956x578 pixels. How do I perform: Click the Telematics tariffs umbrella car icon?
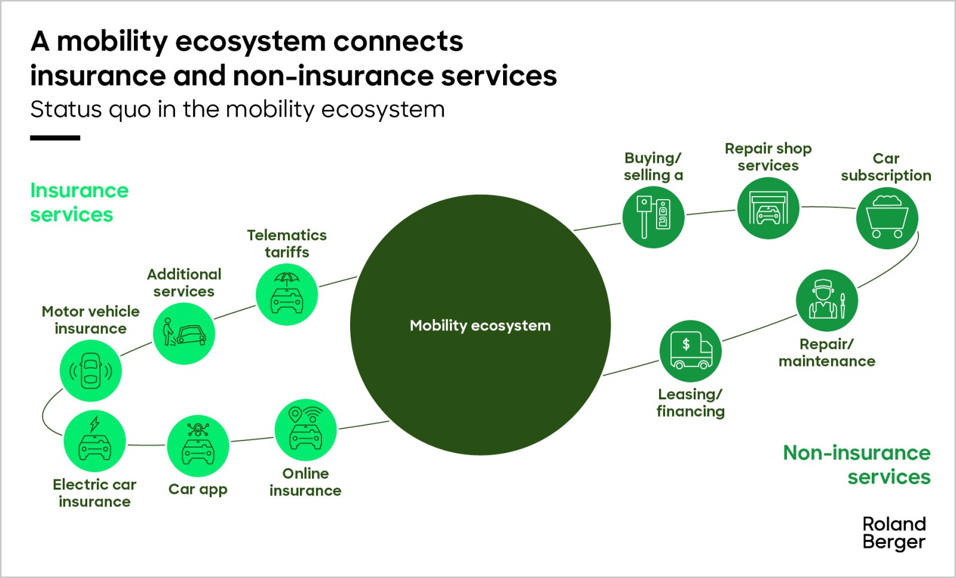(x=287, y=295)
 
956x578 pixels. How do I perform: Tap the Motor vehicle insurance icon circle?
(x=91, y=371)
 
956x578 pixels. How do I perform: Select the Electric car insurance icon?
(x=94, y=441)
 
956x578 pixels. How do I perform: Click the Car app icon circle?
(x=198, y=446)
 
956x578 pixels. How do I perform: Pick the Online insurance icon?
(x=305, y=429)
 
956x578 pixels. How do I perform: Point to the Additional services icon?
(x=183, y=334)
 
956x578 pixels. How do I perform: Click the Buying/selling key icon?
(x=653, y=217)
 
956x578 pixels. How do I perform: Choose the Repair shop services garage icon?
(x=768, y=208)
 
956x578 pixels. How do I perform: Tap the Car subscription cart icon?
(x=887, y=218)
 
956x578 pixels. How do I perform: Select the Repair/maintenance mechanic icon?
(x=827, y=300)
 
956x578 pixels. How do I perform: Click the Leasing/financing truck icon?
(x=690, y=351)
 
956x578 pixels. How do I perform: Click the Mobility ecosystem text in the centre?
(x=480, y=326)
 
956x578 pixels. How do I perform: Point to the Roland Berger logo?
(x=894, y=533)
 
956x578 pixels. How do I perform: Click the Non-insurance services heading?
(x=857, y=464)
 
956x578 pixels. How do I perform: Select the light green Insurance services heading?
(x=79, y=202)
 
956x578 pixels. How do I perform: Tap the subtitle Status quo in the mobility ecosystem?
(x=237, y=109)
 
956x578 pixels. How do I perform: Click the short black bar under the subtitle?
(x=55, y=138)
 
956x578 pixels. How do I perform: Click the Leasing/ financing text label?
(x=690, y=403)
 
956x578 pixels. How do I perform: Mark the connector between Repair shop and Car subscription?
(x=828, y=207)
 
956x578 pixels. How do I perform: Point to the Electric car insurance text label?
(x=94, y=493)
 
